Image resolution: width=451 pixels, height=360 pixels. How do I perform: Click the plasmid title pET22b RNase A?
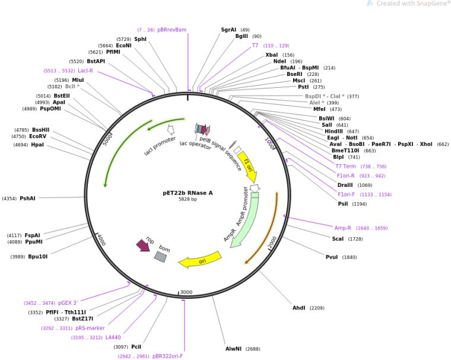pos(188,192)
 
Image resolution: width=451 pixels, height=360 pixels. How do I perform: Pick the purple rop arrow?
pos(143,244)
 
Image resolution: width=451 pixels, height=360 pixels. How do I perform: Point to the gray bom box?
pos(160,256)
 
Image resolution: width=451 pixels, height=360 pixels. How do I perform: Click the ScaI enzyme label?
pos(338,238)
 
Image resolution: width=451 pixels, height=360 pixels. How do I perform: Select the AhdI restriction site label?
pos(299,308)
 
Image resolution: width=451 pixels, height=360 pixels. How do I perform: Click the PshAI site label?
pos(28,199)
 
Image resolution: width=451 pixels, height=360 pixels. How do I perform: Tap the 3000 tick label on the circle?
pos(186,292)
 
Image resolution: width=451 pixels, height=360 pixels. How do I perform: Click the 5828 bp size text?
pos(188,199)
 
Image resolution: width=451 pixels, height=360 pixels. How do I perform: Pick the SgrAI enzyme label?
pos(228,29)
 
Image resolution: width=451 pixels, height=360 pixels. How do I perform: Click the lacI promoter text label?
pos(160,146)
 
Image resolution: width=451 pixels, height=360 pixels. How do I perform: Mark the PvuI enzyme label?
pos(332,257)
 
